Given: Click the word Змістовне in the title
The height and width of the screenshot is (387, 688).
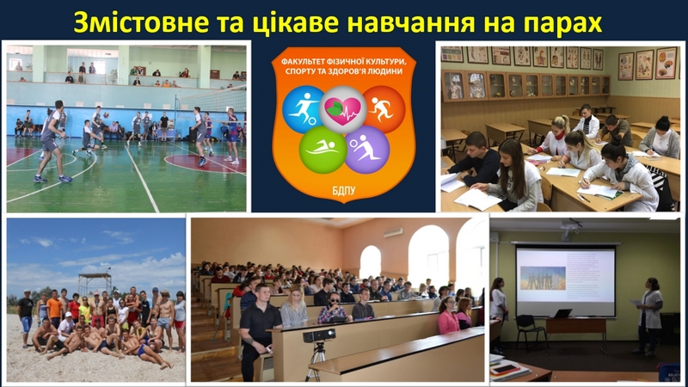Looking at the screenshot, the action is coord(141,22).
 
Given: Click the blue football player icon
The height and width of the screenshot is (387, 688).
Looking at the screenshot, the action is coord(303,109).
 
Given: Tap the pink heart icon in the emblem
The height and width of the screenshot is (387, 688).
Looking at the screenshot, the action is coord(342,109).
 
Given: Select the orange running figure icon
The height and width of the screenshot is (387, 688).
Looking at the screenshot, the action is coord(383,109).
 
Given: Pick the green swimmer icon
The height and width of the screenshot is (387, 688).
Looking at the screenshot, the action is coord(322,150).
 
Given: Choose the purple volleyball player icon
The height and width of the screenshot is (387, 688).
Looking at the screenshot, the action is coord(367,150).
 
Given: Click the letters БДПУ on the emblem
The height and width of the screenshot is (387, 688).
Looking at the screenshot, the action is coord(343,191).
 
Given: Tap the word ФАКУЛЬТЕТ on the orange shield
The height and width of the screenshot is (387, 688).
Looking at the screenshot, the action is coord(300,61).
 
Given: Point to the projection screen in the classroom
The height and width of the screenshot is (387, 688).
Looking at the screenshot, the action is coord(566,280).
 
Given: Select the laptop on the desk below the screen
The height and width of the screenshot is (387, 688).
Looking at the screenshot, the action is coord(562,314).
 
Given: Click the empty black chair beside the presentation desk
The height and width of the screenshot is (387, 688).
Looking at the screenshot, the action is coord(530,331).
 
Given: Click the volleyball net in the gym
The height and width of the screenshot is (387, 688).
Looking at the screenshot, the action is coord(212,100).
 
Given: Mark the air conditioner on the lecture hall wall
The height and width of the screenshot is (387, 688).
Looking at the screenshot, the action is coord(393,232).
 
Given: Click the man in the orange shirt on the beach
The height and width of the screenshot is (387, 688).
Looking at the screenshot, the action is coord(54,308).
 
